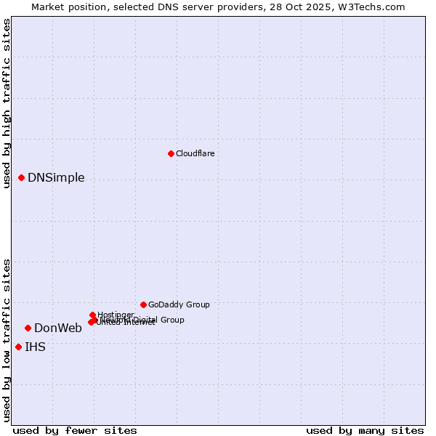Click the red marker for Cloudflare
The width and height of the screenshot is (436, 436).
pyautogui.click(x=171, y=153)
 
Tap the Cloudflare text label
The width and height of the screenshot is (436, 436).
pyautogui.click(x=195, y=153)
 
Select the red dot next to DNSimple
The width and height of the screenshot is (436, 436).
pyautogui.click(x=22, y=177)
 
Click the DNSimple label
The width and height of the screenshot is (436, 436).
pyautogui.click(x=56, y=178)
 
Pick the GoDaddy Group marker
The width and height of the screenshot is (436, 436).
pyautogui.click(x=143, y=304)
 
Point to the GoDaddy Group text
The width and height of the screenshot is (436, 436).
pyautogui.click(x=179, y=304)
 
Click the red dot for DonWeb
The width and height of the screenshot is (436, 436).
pyautogui.click(x=28, y=328)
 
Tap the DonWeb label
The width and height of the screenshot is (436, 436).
pyautogui.click(x=58, y=328)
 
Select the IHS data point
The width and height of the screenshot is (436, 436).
pyautogui.click(x=18, y=347)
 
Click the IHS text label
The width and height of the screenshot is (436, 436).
pyautogui.click(x=35, y=347)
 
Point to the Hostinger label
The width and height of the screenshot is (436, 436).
pyautogui.click(x=116, y=315)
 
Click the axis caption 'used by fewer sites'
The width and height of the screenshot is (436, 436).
pyautogui.click(x=75, y=430)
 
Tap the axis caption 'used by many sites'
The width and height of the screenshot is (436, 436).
pyautogui.click(x=365, y=430)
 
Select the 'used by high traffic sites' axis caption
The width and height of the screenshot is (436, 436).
pyautogui.click(x=7, y=103)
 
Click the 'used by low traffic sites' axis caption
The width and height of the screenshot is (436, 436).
pyautogui.click(x=7, y=339)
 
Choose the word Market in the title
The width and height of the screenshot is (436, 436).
pyautogui.click(x=48, y=7)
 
